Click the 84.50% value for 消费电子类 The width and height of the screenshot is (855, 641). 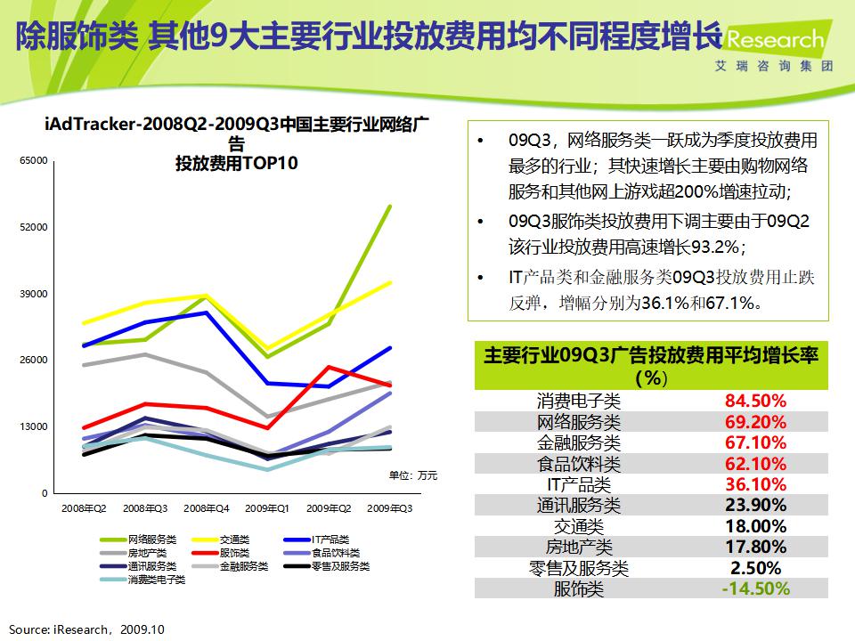coord(755,401)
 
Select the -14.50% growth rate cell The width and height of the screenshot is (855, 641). coord(755,588)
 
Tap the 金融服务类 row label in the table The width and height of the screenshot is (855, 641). coord(578,442)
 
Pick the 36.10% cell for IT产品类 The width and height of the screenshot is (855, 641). coord(755,484)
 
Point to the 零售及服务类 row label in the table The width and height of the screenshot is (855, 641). coord(578,568)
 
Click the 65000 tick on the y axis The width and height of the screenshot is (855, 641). coord(35,161)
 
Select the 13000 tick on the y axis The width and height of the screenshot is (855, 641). coord(35,426)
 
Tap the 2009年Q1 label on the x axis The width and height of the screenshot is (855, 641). coord(267,508)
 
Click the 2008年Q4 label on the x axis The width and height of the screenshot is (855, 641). coord(206,508)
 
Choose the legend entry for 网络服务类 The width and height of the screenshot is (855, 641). coord(151,540)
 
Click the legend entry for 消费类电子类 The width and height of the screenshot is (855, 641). coord(156,580)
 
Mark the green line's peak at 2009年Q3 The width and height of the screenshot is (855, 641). coord(390,207)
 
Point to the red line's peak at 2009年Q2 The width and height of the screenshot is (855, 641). coord(329,367)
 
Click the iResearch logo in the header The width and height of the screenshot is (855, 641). coord(775,41)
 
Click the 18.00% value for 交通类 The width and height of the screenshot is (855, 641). coord(755,526)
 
